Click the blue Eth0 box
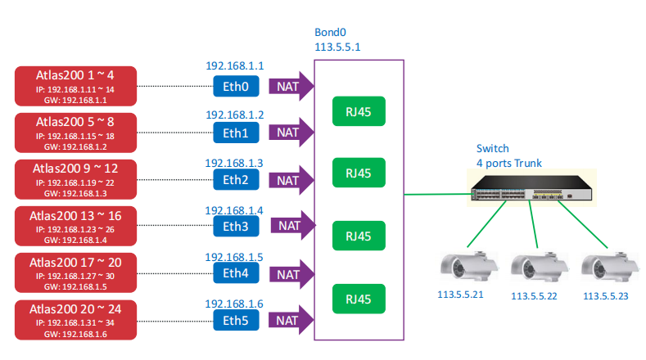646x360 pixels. (x=236, y=85)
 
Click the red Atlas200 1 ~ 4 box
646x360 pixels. (x=75, y=86)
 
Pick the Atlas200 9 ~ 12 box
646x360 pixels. (x=75, y=180)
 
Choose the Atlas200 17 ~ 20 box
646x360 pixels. (x=75, y=274)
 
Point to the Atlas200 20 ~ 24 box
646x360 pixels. (x=75, y=321)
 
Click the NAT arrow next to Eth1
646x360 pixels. (x=291, y=132)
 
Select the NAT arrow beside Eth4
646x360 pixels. (x=291, y=273)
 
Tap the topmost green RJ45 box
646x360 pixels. (x=359, y=113)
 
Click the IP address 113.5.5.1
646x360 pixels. (x=338, y=47)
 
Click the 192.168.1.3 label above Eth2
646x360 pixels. (x=235, y=163)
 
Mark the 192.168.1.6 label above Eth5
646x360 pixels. (x=235, y=304)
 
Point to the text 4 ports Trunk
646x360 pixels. (x=508, y=163)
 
